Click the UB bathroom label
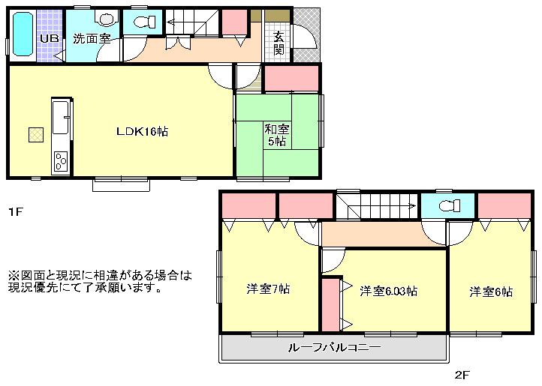coord(50,39)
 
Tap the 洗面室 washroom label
coord(92,39)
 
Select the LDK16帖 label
coord(141,131)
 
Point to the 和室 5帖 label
coord(276,135)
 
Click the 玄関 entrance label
coord(278,43)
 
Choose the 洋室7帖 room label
coord(268,289)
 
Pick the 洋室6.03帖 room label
coord(387,291)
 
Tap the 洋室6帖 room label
coord(492,292)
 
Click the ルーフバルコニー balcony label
coord(334,348)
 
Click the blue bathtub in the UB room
coord(22,34)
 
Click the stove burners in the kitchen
coord(61,160)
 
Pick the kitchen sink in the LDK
coord(61,118)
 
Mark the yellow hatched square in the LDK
coord(36,134)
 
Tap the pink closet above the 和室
coord(291,79)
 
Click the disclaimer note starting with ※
coord(100,281)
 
